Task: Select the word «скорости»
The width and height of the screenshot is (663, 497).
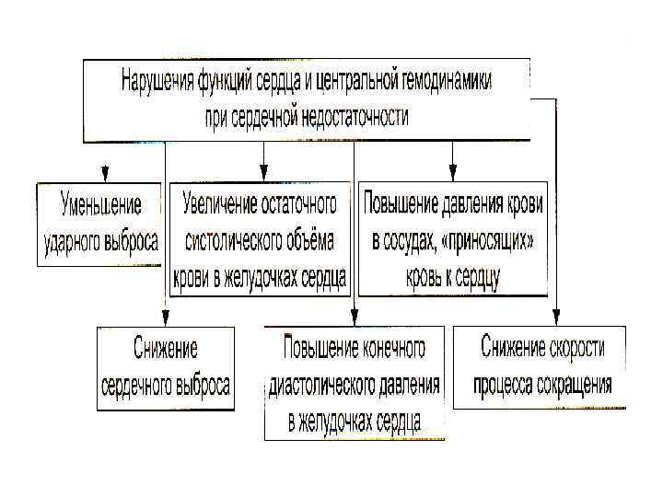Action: point(570,349)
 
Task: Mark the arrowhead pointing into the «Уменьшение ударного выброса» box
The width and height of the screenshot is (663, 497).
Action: point(105,174)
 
